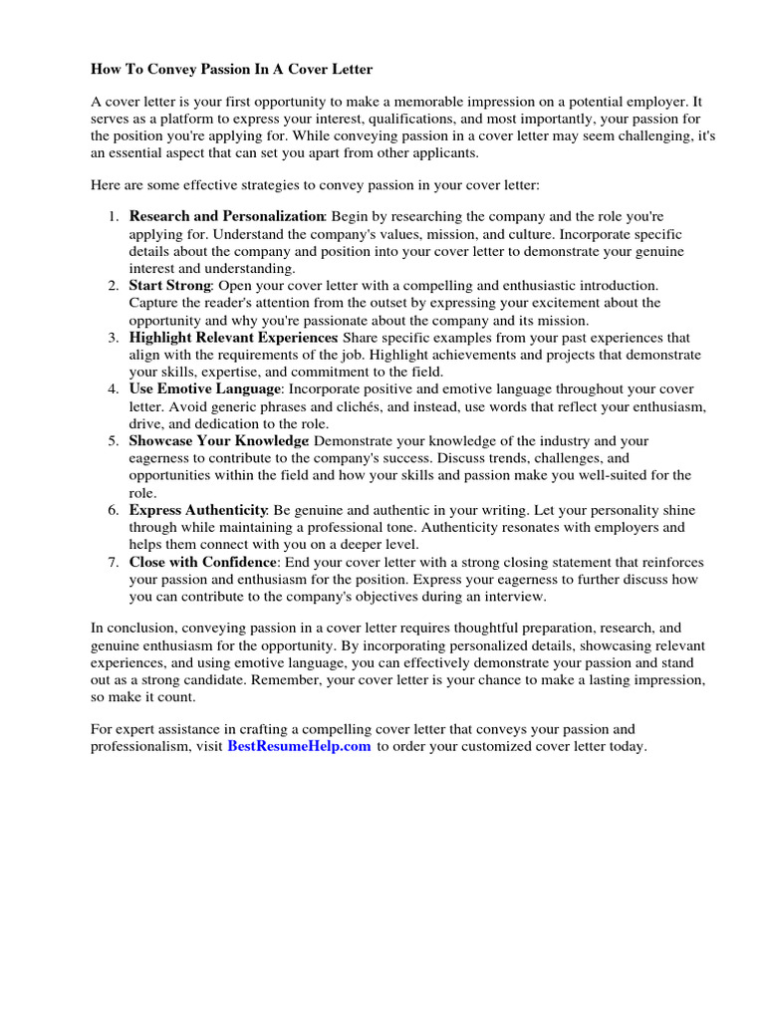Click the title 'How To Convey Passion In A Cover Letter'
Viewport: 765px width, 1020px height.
(232, 69)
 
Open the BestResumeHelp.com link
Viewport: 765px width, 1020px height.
(299, 746)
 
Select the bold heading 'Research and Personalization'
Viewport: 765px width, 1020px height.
(227, 216)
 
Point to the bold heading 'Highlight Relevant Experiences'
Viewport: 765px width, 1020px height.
(234, 338)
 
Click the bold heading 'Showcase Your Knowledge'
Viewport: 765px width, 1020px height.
(218, 440)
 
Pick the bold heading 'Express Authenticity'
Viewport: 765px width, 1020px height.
(198, 510)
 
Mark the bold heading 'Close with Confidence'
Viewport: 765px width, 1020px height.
(202, 562)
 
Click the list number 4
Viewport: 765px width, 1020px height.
(114, 389)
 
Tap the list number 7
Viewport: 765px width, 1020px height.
(114, 562)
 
